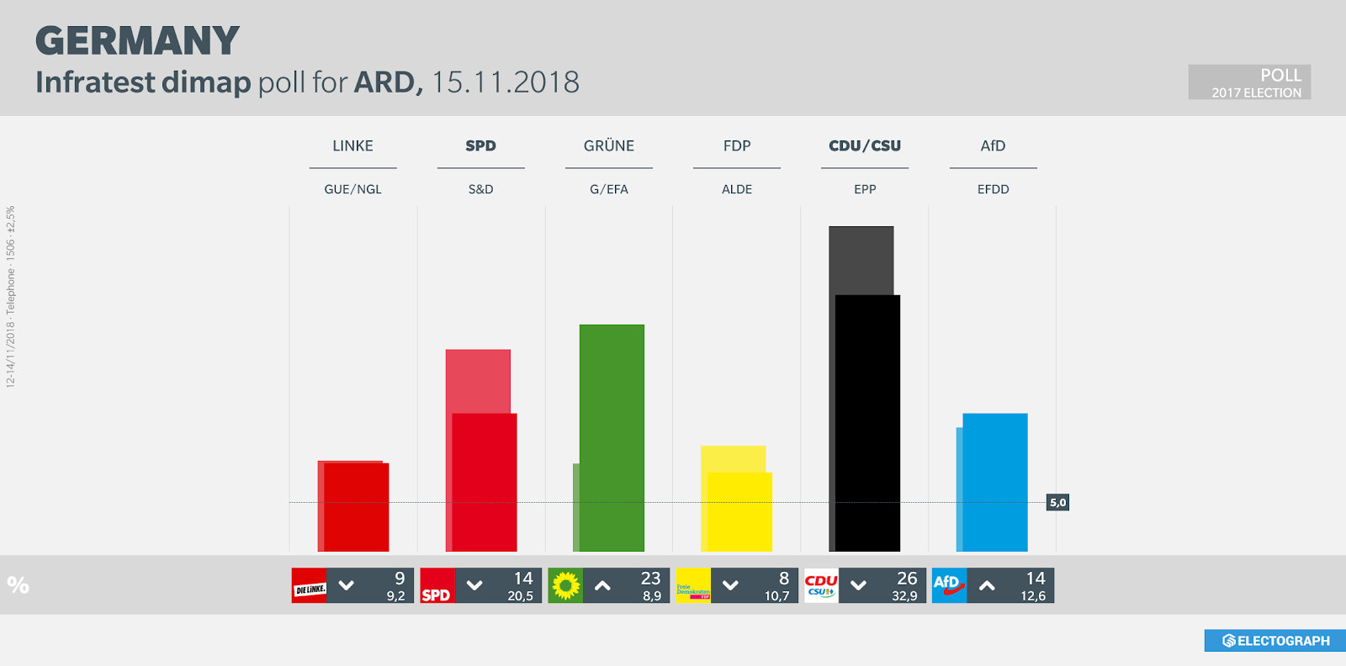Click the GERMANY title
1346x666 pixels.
pyautogui.click(x=137, y=41)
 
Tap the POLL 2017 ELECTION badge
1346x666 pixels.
pyautogui.click(x=1249, y=82)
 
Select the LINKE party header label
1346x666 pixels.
pyautogui.click(x=352, y=146)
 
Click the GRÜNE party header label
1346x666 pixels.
pyautogui.click(x=609, y=146)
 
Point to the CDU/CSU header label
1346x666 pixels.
pyautogui.click(x=865, y=146)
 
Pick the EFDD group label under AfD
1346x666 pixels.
pyautogui.click(x=993, y=190)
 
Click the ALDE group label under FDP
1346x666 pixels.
pyautogui.click(x=737, y=190)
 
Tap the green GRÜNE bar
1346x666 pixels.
pyautogui.click(x=612, y=437)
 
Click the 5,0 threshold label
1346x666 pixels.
pyautogui.click(x=1057, y=503)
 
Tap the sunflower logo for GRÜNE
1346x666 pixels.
pyautogui.click(x=565, y=585)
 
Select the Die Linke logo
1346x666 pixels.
pyautogui.click(x=309, y=586)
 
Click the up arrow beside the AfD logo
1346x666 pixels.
pyautogui.click(x=987, y=586)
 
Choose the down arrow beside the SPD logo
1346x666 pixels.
pyautogui.click(x=474, y=586)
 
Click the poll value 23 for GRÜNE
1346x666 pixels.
pyautogui.click(x=650, y=579)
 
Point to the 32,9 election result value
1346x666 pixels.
pyautogui.click(x=904, y=596)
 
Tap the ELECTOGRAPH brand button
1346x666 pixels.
pyautogui.click(x=1275, y=641)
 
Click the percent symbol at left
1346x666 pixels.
pyautogui.click(x=18, y=585)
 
